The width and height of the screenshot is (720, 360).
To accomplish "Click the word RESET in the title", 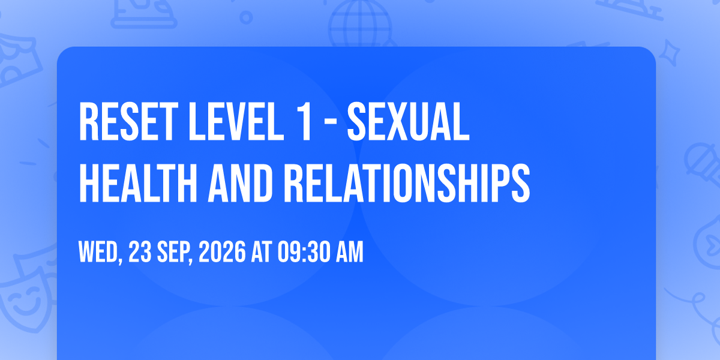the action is [x=128, y=121].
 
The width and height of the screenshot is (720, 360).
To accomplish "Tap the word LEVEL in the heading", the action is [x=236, y=121].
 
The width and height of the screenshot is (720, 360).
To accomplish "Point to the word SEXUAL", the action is [x=408, y=121].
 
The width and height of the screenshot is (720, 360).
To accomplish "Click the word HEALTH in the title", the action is [x=138, y=183].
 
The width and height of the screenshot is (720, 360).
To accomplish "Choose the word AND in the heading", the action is [x=240, y=183].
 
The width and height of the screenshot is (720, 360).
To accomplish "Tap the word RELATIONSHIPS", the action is [x=407, y=183].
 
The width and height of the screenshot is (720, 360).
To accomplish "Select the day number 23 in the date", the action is [x=140, y=251].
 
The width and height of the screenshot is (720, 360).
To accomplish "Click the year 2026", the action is [x=222, y=251].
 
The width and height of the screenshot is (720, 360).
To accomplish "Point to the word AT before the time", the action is [x=262, y=251].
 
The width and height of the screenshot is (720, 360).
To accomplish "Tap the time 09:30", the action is [x=304, y=251].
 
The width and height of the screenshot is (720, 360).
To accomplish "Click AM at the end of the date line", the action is [x=349, y=251].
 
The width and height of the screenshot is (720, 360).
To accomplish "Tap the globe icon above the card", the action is [x=360, y=24].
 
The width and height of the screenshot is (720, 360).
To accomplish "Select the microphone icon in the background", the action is [x=703, y=164].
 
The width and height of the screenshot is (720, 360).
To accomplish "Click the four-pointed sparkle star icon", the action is [x=669, y=53].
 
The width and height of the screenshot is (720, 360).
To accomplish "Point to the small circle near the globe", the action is [x=246, y=17].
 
